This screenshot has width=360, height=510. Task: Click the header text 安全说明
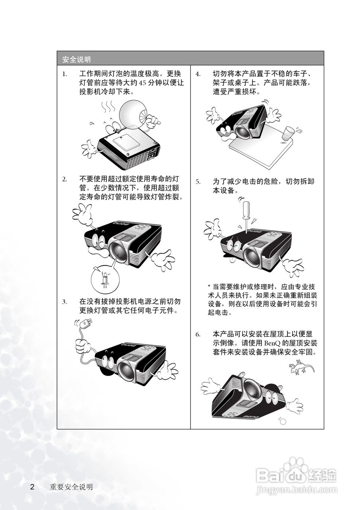77,60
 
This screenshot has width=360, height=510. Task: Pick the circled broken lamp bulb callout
105,277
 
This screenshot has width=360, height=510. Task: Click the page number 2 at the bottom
33,487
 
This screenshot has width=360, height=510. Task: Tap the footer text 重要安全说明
71,487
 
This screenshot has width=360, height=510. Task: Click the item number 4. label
198,74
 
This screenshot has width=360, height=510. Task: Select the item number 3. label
64,301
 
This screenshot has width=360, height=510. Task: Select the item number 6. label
198,334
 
